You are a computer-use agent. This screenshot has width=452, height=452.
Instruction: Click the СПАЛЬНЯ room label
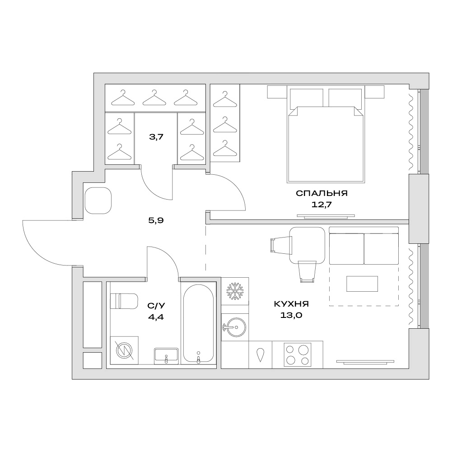point(322,193)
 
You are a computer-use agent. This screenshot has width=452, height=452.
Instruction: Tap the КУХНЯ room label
point(291,304)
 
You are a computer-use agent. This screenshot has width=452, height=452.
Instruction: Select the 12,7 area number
point(322,205)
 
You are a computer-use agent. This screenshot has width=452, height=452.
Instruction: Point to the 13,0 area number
point(291,315)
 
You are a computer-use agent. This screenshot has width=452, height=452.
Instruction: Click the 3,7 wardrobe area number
point(156,137)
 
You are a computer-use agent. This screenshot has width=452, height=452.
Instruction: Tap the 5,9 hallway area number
point(156,220)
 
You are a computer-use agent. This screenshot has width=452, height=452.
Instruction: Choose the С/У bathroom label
point(156,306)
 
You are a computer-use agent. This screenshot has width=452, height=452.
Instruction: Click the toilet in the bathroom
point(124,301)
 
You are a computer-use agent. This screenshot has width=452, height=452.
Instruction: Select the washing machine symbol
point(124,350)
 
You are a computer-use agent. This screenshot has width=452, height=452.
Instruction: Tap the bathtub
point(198,323)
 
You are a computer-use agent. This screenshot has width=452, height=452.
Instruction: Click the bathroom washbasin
point(166,355)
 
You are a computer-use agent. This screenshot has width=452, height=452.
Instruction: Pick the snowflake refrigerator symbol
point(235,291)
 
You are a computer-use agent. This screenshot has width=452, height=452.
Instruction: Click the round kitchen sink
point(235,327)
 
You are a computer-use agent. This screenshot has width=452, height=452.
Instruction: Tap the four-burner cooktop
point(298,355)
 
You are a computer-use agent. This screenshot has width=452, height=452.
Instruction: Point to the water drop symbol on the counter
point(260,355)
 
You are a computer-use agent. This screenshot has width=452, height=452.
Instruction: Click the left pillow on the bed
point(306,98)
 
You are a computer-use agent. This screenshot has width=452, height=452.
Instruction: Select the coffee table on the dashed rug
point(362,284)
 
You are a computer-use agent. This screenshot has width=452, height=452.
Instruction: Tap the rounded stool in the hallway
point(98,200)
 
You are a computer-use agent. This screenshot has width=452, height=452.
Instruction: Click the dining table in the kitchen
point(307,245)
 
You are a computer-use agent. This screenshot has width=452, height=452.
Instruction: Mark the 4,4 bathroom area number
point(156,317)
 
